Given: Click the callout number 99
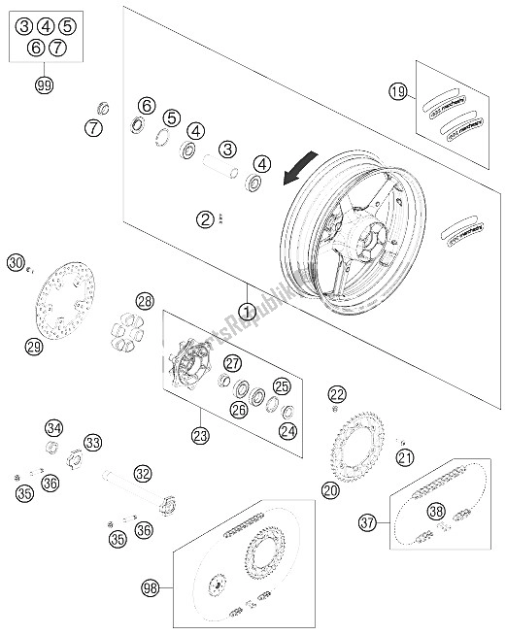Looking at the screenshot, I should (x=42, y=85).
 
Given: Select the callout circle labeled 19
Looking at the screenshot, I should (x=397, y=92).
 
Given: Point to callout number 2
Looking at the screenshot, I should (x=205, y=219).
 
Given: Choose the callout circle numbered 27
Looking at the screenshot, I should (x=232, y=364).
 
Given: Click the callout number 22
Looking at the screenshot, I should (x=336, y=393).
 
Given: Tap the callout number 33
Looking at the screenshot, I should (x=92, y=443).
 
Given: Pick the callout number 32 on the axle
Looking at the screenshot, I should (x=144, y=474).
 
